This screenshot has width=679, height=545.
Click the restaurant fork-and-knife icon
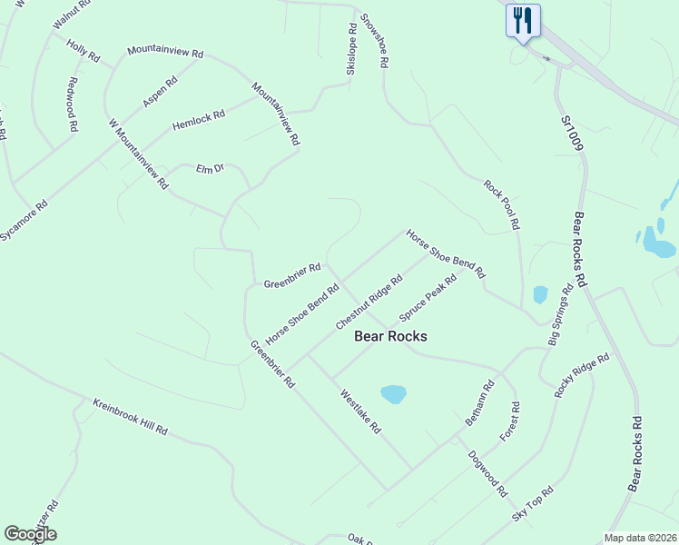pyautogui.click(x=523, y=20)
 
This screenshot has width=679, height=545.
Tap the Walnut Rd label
pyautogui.click(x=72, y=15)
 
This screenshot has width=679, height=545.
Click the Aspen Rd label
pyautogui.click(x=160, y=93)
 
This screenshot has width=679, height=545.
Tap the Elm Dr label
pyautogui.click(x=210, y=168)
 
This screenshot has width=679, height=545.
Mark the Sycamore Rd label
pyautogui.click(x=24, y=220)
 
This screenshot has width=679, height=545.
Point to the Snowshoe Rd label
pyautogui.click(x=374, y=41)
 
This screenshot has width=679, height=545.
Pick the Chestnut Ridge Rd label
pyautogui.click(x=369, y=302)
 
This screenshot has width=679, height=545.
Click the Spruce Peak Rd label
pyautogui.click(x=428, y=299)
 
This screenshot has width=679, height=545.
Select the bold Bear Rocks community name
pyautogui.click(x=389, y=336)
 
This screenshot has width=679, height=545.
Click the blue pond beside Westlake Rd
pyautogui.click(x=393, y=394)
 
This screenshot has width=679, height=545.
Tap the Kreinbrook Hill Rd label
pyautogui.click(x=130, y=417)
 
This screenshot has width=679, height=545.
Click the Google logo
pyautogui.click(x=30, y=533)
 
